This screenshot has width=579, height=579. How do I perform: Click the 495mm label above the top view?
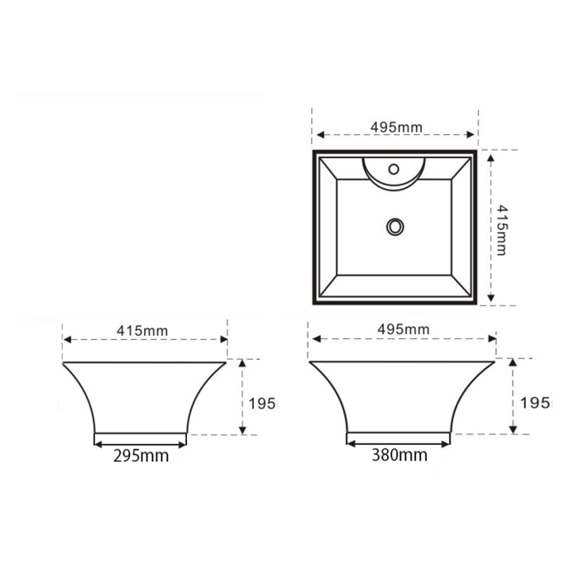pos(396,127)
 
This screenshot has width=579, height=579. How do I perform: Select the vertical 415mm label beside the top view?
pos(502,230)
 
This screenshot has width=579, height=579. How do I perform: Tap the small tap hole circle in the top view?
pos(394,169)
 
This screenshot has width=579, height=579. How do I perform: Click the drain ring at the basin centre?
pos(395,227)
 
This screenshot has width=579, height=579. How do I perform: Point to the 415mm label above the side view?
pos(142,331)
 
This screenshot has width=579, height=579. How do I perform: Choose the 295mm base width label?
pos(141,456)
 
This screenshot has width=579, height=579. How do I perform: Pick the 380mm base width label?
pos(400,455)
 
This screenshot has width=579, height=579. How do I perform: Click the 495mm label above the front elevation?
pos(404,329)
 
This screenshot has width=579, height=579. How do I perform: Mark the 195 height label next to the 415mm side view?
pos(262,404)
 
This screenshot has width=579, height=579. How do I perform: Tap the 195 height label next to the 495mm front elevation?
pos(534,403)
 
